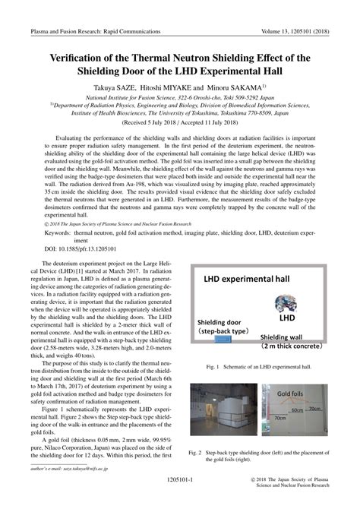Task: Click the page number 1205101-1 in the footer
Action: [x=180, y=482]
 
